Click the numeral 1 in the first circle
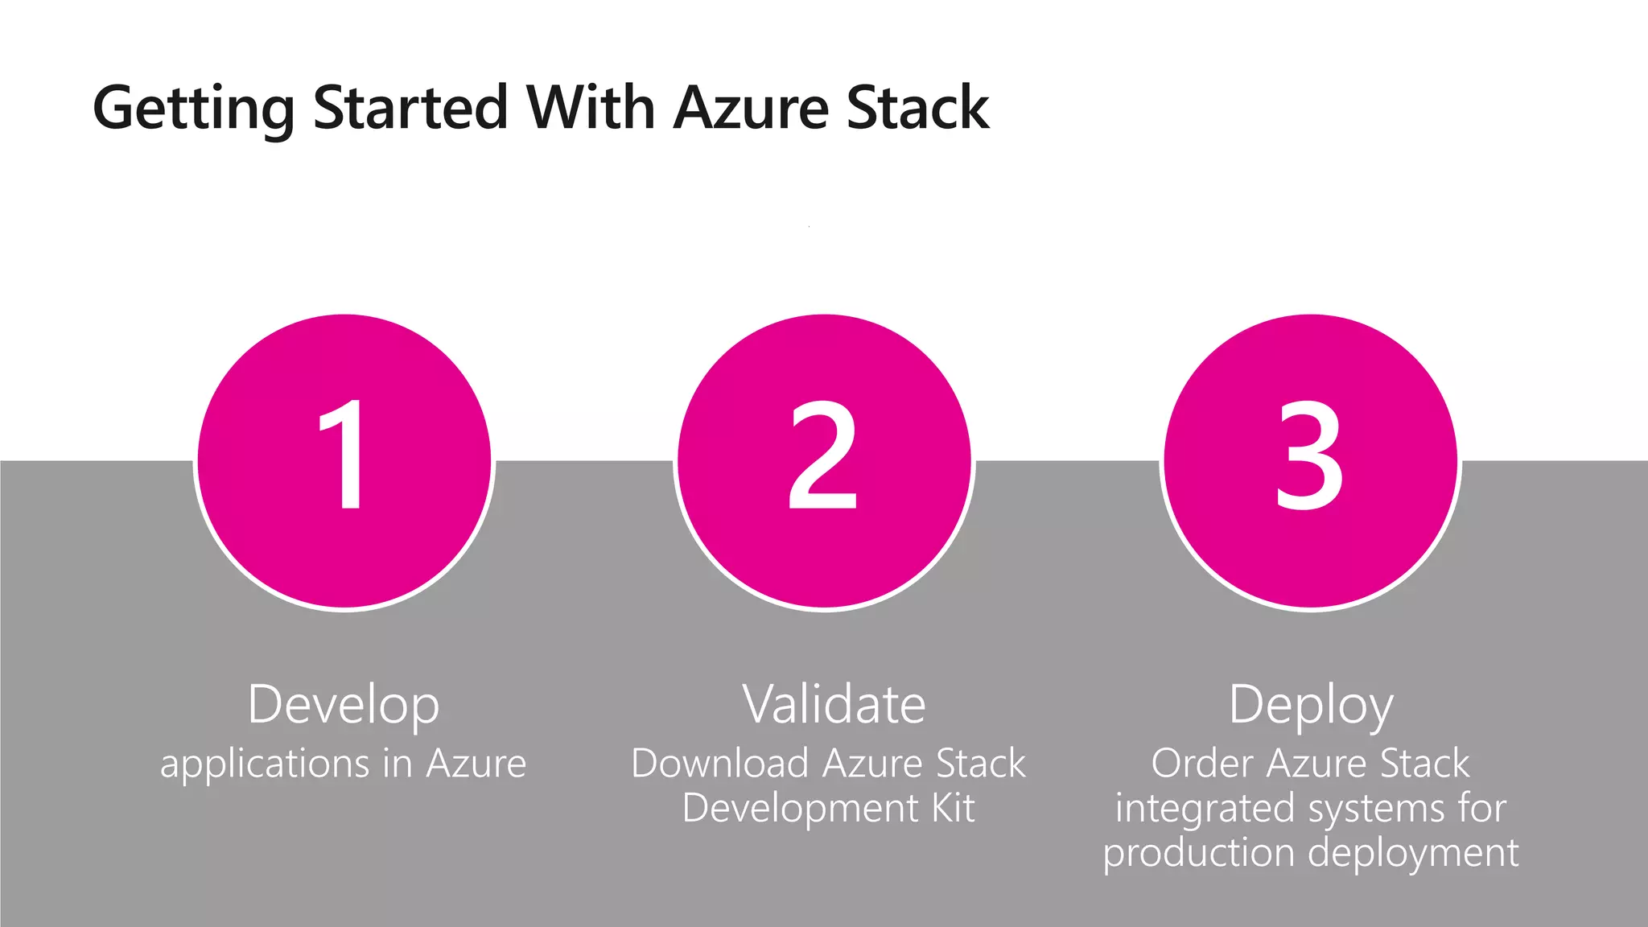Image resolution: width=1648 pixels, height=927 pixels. (x=344, y=455)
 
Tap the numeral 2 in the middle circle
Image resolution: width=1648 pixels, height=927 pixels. (x=822, y=455)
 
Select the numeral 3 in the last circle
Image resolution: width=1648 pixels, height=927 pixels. (x=1309, y=455)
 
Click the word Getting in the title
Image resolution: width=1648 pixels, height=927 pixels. (x=194, y=108)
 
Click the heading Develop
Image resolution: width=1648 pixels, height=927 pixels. (x=344, y=705)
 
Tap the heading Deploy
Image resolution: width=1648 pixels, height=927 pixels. (x=1311, y=705)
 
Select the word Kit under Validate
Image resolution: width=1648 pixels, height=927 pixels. (x=953, y=807)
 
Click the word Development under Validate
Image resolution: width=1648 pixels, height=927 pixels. (x=800, y=808)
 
